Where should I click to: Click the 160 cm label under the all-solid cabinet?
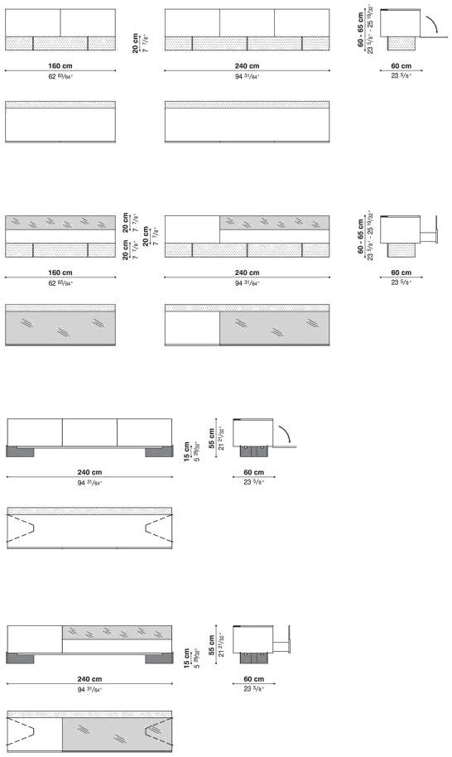click(60, 65)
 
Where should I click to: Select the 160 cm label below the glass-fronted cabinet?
click(60, 272)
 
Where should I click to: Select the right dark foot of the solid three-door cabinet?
click(157, 451)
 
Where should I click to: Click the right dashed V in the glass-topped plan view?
click(158, 731)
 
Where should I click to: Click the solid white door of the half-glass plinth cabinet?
click(192, 229)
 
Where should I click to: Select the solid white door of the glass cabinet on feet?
click(34, 639)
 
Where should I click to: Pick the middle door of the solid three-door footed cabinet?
click(89, 432)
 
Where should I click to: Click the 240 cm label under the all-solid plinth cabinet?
click(247, 65)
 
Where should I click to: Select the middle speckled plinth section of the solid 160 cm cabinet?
click(60, 43)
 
